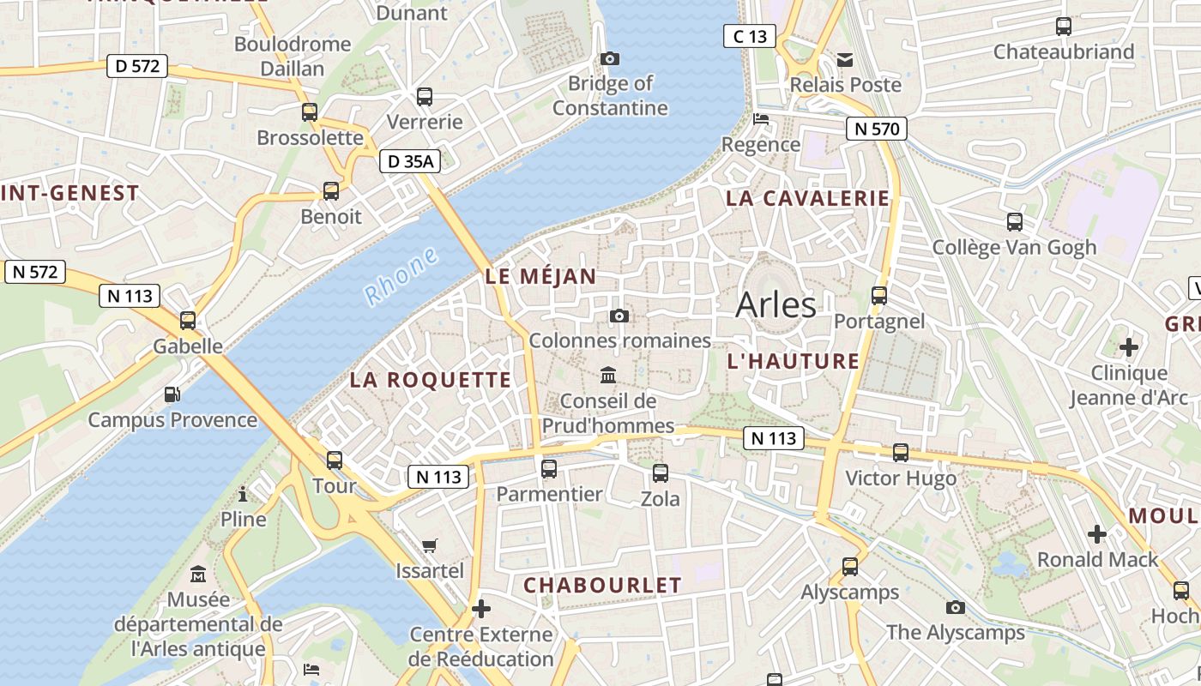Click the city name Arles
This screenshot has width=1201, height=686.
pyautogui.click(x=776, y=304)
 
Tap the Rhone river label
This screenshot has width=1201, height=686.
pyautogui.click(x=401, y=276)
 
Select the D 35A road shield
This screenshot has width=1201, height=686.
pyautogui.click(x=410, y=161)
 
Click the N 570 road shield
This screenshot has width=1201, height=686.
pyautogui.click(x=877, y=129)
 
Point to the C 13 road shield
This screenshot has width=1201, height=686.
pyautogui.click(x=749, y=36)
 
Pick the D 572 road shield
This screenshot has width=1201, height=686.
pyautogui.click(x=136, y=66)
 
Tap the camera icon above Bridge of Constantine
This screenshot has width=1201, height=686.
pyautogui.click(x=610, y=58)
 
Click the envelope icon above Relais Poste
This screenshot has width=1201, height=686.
pyautogui.click(x=845, y=60)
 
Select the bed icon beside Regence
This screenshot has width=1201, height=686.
pyautogui.click(x=760, y=119)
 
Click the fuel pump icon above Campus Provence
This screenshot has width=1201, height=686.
pyautogui.click(x=172, y=394)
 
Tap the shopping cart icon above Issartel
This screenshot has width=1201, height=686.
pyautogui.click(x=430, y=545)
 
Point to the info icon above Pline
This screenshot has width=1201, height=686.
pyautogui.click(x=244, y=494)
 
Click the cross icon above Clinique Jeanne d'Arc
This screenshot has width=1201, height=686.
pyautogui.click(x=1129, y=347)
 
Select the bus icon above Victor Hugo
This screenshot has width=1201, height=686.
pyautogui.click(x=901, y=453)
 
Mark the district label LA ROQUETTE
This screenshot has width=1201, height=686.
pyautogui.click(x=430, y=380)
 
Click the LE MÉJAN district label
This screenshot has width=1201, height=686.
pyautogui.click(x=540, y=276)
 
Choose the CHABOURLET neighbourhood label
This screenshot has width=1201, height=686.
pyautogui.click(x=602, y=585)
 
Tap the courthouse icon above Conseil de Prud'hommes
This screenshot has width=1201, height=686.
pyautogui.click(x=608, y=375)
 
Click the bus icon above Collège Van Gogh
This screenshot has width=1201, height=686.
pyautogui.click(x=1015, y=222)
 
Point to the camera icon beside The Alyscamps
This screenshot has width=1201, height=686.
pyautogui.click(x=956, y=607)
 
